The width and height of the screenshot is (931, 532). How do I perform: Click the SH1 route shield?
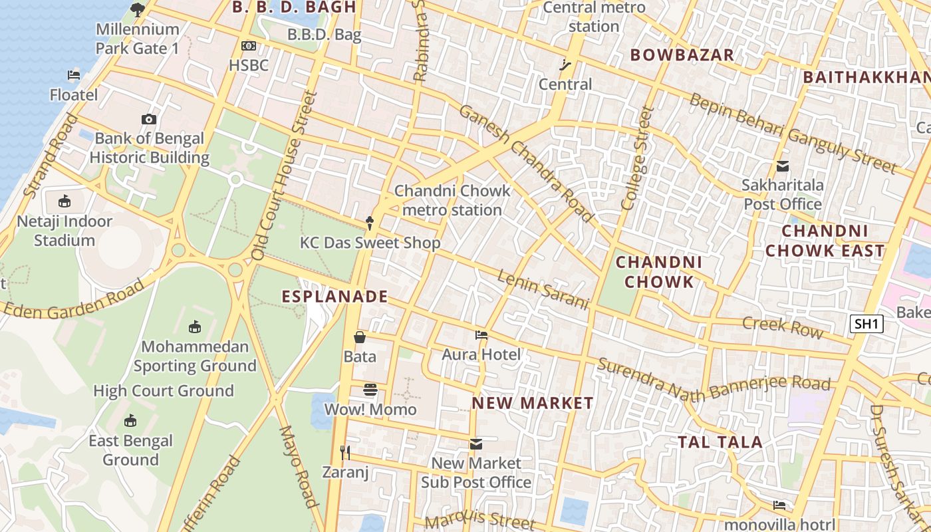point(866,324)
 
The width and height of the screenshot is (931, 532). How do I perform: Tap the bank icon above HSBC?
point(249,46)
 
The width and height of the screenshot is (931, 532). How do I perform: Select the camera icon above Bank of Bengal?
point(149,119)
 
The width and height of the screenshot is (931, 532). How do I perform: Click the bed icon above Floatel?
point(74,75)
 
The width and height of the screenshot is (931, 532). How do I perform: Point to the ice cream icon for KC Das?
point(370,223)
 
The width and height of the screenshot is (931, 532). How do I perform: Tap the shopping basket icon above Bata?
point(360,337)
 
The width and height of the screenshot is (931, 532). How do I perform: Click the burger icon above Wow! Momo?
point(370,390)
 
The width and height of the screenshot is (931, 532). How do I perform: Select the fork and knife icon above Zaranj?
point(345,453)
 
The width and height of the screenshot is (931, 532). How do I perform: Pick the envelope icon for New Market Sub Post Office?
point(476,444)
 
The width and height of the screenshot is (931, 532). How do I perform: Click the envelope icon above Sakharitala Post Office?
point(783,166)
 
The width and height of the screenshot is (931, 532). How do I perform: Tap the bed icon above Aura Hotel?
point(481,335)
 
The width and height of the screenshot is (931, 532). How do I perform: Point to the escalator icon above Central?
point(565,65)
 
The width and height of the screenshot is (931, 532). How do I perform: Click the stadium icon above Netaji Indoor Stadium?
point(65,201)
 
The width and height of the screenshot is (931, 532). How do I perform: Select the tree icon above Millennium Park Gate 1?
point(138,9)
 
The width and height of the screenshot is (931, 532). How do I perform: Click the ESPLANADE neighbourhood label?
point(334,297)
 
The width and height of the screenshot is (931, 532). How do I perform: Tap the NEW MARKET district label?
point(533,403)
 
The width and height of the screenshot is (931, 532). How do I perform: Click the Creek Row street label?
point(782,327)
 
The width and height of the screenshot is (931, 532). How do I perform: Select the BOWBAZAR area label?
point(682,55)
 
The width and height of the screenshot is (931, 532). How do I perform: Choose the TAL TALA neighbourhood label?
point(720,442)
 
